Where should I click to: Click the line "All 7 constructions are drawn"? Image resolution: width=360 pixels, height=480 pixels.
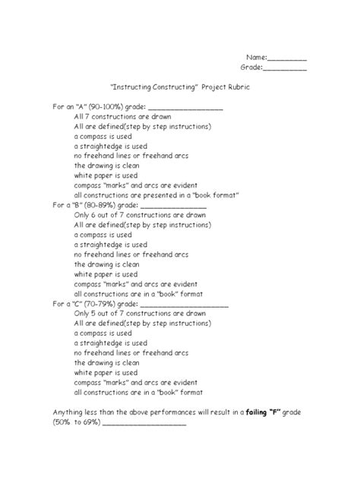[122, 117]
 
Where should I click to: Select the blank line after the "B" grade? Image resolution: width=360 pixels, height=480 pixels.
[174, 207]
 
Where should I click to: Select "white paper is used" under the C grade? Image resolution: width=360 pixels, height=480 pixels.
[106, 372]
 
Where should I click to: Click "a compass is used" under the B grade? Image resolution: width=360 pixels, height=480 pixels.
[103, 235]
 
